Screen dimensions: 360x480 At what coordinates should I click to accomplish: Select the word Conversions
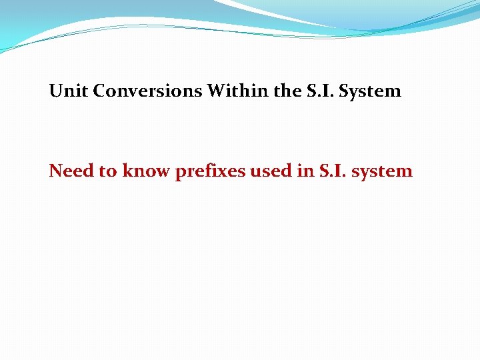click(x=147, y=91)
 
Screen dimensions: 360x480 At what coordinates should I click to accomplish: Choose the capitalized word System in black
click(x=370, y=91)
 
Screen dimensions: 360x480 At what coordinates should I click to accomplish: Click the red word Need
click(x=71, y=171)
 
